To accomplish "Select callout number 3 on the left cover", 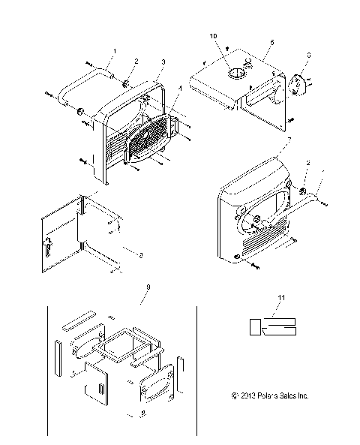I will coord(163,60).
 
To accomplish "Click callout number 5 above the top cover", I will coord(271,41).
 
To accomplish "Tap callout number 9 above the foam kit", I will coord(149,286).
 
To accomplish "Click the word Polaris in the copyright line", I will coord(263,395).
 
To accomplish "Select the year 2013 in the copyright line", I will coord(245,395).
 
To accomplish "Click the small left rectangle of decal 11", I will coord(255,326).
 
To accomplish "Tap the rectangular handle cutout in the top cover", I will coord(259,93).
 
